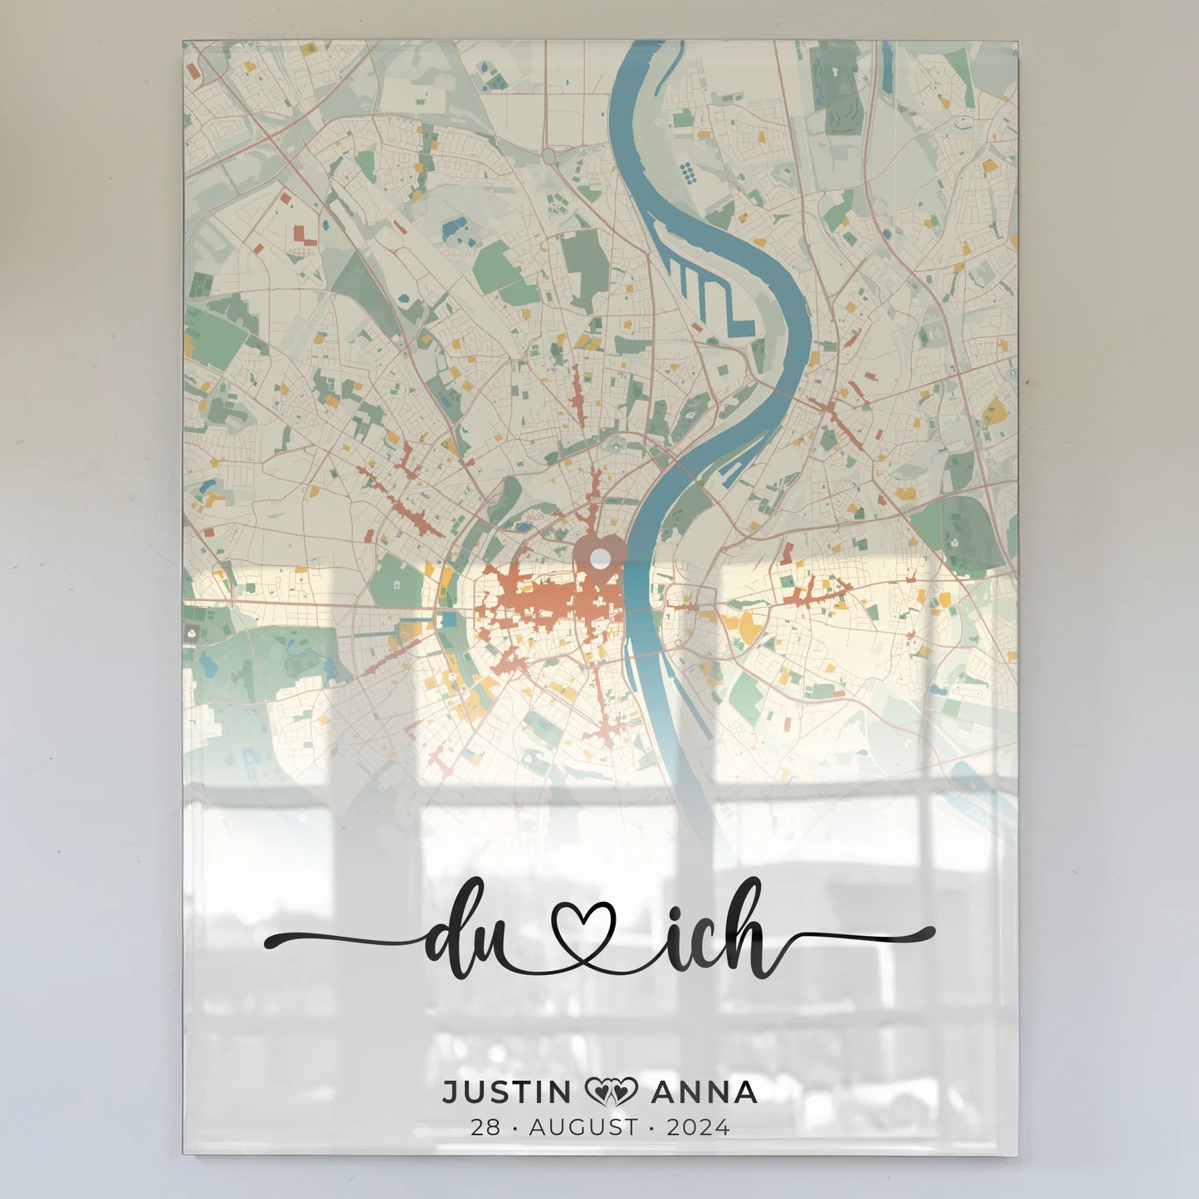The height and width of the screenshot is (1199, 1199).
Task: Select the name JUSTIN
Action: click(507, 1092)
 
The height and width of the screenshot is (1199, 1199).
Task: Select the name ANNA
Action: click(704, 1092)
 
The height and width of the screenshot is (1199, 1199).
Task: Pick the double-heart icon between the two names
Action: click(612, 1092)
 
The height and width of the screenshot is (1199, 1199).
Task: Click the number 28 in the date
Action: click(485, 1128)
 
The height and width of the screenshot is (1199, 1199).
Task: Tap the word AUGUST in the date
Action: click(584, 1128)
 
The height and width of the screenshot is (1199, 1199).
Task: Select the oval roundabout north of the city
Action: click(548, 155)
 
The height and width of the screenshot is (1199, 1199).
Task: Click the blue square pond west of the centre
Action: click(449, 619)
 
